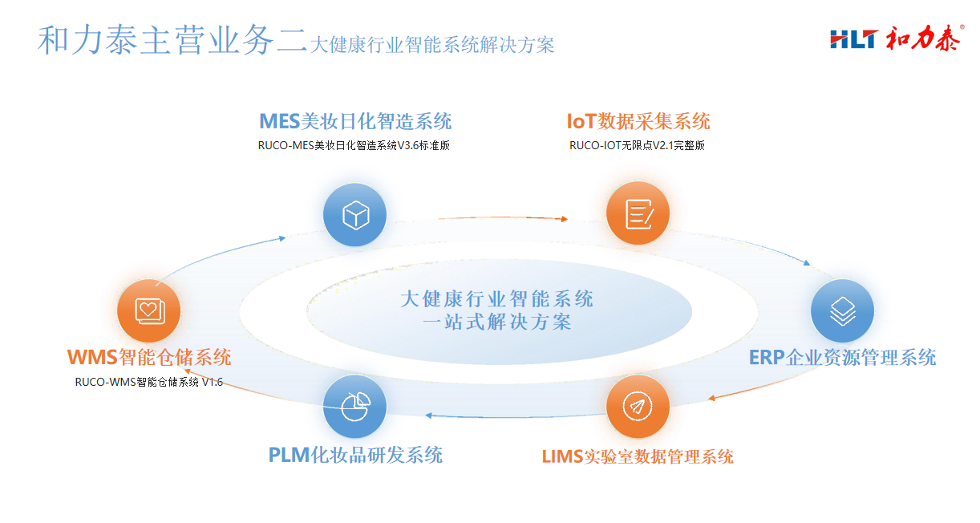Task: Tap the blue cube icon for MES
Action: click(355, 215)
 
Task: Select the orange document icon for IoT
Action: click(638, 213)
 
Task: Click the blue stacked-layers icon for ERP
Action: click(842, 310)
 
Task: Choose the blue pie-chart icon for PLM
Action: click(355, 406)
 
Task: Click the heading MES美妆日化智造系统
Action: click(355, 121)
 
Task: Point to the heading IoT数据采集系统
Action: click(638, 121)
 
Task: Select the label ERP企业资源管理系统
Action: click(842, 358)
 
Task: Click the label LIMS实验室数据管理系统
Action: click(638, 457)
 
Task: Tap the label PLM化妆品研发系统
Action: click(355, 456)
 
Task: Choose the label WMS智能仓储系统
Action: click(149, 357)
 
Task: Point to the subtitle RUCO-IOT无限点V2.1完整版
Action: click(637, 145)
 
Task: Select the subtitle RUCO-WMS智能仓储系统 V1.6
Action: click(149, 382)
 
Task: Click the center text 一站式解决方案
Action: click(497, 322)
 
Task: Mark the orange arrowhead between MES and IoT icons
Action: click(564, 219)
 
